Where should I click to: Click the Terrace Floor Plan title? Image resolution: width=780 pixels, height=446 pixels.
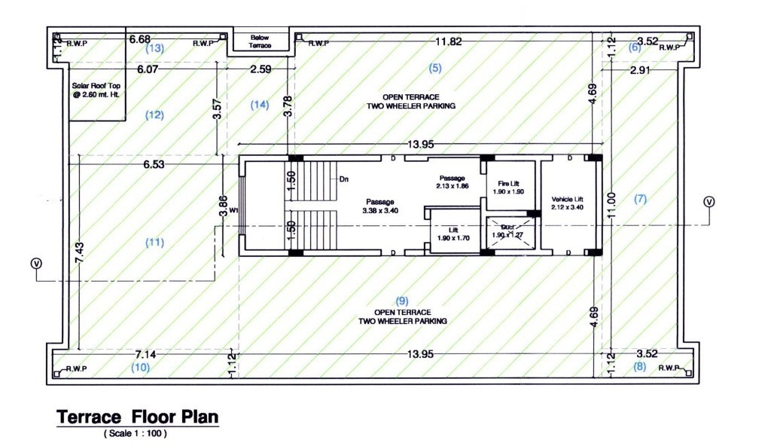pyautogui.click(x=137, y=417)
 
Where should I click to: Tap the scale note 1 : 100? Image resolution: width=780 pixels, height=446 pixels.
pyautogui.click(x=136, y=434)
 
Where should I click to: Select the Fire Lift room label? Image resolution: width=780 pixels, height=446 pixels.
pyautogui.click(x=509, y=187)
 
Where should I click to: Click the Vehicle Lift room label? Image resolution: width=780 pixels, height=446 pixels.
pyautogui.click(x=567, y=202)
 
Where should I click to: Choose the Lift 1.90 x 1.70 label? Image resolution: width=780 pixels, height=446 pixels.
pyautogui.click(x=452, y=234)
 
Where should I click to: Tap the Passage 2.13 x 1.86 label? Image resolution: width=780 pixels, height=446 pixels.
pyautogui.click(x=452, y=181)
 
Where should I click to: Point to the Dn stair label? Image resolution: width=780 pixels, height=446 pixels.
pyautogui.click(x=343, y=179)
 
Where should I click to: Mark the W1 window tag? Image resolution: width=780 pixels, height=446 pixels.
pyautogui.click(x=234, y=211)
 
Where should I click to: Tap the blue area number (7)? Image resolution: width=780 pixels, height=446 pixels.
pyautogui.click(x=640, y=199)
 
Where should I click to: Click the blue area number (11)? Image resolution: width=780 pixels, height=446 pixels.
pyautogui.click(x=154, y=242)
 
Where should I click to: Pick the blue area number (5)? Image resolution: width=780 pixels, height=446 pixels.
pyautogui.click(x=435, y=69)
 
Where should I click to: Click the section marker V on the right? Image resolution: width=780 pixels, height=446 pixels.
pyautogui.click(x=708, y=202)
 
